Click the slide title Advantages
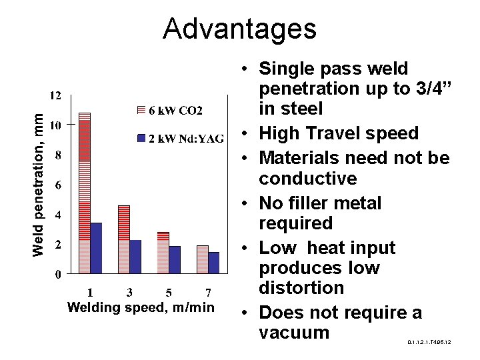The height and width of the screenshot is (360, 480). pos(239,29)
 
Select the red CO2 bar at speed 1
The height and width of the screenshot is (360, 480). pos(84,193)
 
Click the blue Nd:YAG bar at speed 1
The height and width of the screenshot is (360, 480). pos(96,247)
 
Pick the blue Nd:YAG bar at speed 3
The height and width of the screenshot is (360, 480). pos(135,256)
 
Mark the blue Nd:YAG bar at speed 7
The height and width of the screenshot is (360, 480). pos(214,262)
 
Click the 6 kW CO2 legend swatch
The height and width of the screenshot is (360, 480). pos(141,109)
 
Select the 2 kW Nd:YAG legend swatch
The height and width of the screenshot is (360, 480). pos(141,138)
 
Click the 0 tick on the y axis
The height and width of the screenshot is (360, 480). pos(59,273)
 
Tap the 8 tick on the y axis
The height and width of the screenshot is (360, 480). pos(59,155)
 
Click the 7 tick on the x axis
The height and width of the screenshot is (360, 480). pos(208,292)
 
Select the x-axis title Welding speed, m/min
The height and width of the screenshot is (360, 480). pos(141,307)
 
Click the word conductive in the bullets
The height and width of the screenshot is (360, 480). pos(308,179)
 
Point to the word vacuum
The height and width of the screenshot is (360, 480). pos(294,332)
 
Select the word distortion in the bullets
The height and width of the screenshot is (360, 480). pos(302,288)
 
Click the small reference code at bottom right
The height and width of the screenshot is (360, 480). pos(429,342)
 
